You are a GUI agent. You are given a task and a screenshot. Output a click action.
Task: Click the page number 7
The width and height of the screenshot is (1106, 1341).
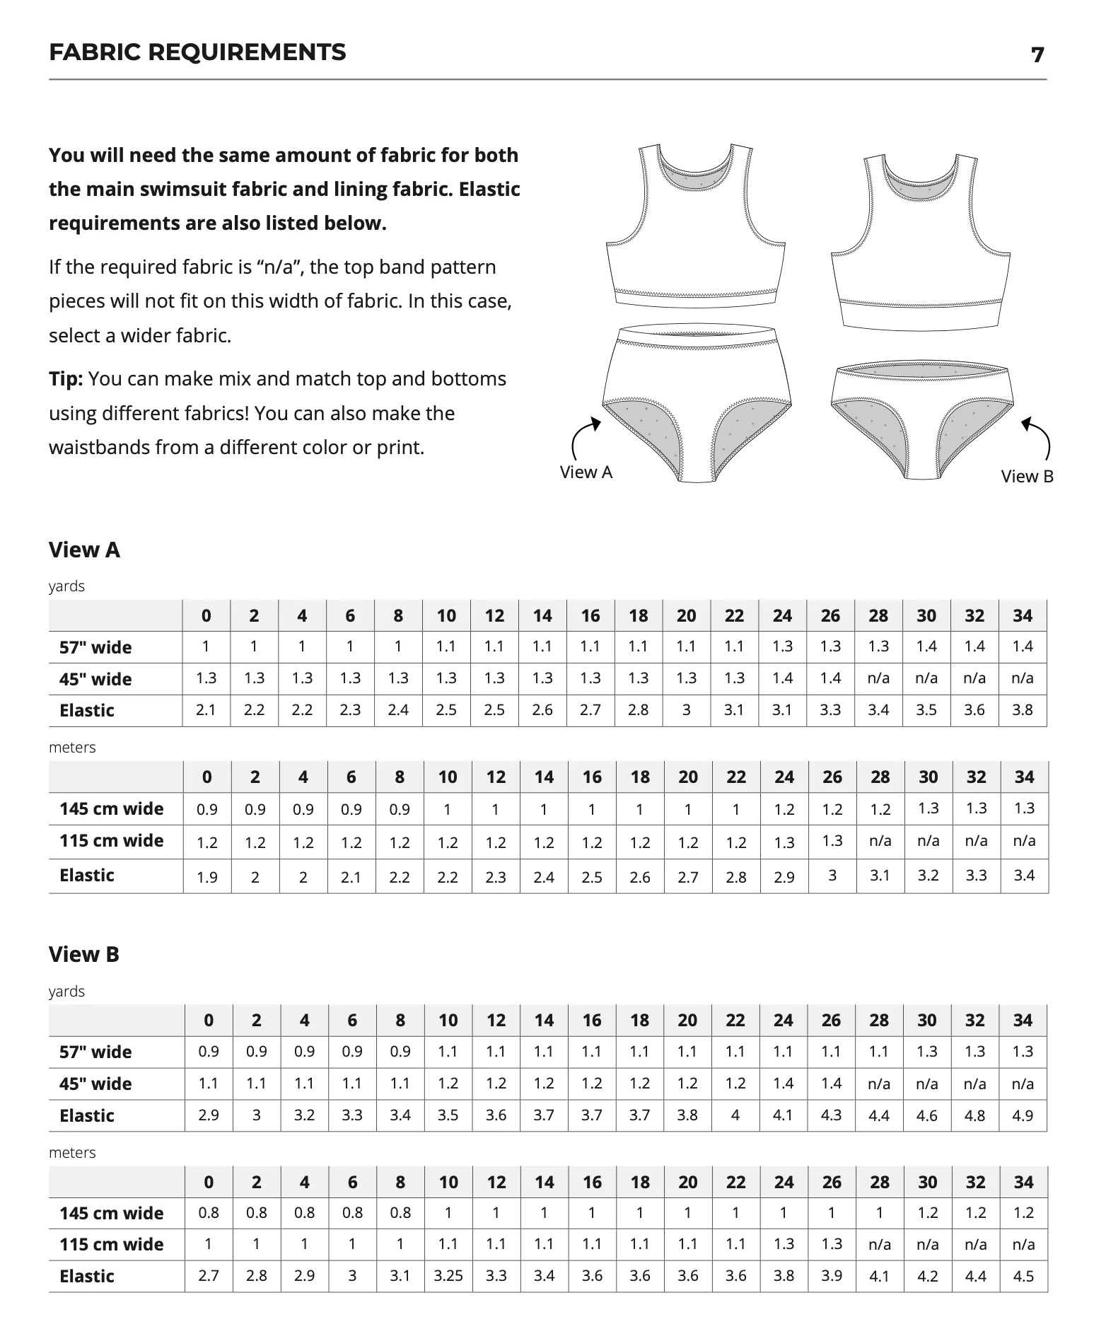click(1037, 54)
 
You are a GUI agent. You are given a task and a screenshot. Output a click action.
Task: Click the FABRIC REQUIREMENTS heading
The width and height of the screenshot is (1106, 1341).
click(197, 52)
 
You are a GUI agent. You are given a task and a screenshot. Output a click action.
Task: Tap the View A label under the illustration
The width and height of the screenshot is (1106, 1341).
click(586, 472)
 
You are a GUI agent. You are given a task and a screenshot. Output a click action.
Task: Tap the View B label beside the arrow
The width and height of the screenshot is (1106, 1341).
click(1027, 476)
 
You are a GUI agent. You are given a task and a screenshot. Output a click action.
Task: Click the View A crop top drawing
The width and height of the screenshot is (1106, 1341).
click(697, 226)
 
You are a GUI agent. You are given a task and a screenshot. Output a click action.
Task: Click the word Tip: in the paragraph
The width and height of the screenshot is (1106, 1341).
click(66, 379)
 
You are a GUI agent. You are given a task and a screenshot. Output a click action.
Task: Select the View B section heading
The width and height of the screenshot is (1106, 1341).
click(84, 954)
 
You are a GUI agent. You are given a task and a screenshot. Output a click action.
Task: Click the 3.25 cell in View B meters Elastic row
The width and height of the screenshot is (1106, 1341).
click(448, 1276)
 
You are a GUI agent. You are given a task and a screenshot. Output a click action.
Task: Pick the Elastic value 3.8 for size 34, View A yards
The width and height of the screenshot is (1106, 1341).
click(1023, 710)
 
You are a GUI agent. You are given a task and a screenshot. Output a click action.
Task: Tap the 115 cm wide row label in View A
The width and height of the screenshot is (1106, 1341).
click(111, 840)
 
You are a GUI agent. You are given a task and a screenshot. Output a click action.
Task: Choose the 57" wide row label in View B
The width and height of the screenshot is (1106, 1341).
click(95, 1052)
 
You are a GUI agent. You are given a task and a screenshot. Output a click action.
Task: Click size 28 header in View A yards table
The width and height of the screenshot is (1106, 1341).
click(878, 616)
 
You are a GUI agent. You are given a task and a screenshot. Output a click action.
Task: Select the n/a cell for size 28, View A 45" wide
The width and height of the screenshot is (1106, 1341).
click(878, 678)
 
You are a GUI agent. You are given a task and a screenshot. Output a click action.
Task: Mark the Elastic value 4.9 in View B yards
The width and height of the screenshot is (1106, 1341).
click(1023, 1115)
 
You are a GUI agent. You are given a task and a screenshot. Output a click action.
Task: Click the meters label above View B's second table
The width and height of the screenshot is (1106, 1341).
click(72, 1152)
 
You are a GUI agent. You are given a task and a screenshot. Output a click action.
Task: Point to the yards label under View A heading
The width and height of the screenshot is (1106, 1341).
click(66, 586)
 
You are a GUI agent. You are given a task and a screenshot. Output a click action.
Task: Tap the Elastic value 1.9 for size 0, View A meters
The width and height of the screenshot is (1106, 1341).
click(207, 877)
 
